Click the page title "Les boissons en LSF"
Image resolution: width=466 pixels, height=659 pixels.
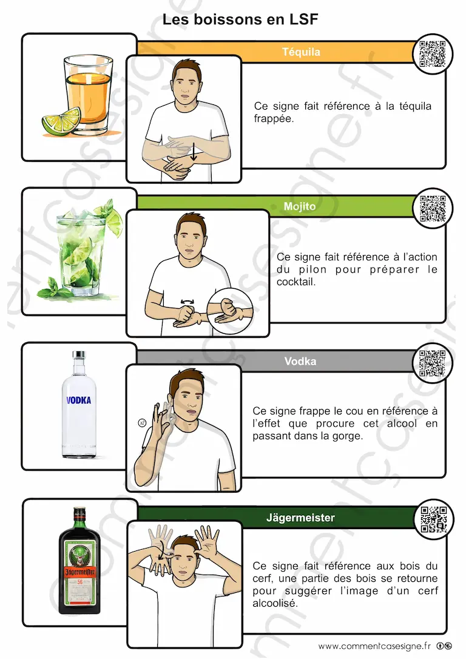click(240, 19)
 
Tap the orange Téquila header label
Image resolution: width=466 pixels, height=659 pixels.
click(301, 52)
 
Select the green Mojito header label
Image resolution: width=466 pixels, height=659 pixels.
click(300, 206)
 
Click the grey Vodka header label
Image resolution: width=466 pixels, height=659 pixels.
click(300, 362)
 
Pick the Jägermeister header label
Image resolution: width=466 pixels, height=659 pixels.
click(300, 518)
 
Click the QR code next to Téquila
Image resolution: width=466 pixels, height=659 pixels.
click(433, 54)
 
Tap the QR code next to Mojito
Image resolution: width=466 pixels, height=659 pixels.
click(433, 209)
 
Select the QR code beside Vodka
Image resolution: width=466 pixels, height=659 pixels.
click(432, 363)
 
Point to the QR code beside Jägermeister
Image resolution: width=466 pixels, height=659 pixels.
click(434, 519)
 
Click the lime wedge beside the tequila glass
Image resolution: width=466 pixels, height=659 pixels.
click(61, 121)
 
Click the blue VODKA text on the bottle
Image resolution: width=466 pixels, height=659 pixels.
click(79, 400)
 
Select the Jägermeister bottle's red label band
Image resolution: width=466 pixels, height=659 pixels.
click(79, 572)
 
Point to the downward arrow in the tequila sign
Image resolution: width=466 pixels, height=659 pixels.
click(194, 152)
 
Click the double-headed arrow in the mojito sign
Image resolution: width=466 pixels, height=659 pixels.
click(187, 302)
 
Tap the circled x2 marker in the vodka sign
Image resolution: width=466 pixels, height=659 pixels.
click(142, 422)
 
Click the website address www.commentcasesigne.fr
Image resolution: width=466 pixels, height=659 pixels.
click(374, 646)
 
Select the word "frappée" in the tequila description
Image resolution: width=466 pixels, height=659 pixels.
click(274, 119)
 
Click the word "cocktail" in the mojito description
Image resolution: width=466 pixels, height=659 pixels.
click(296, 282)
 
